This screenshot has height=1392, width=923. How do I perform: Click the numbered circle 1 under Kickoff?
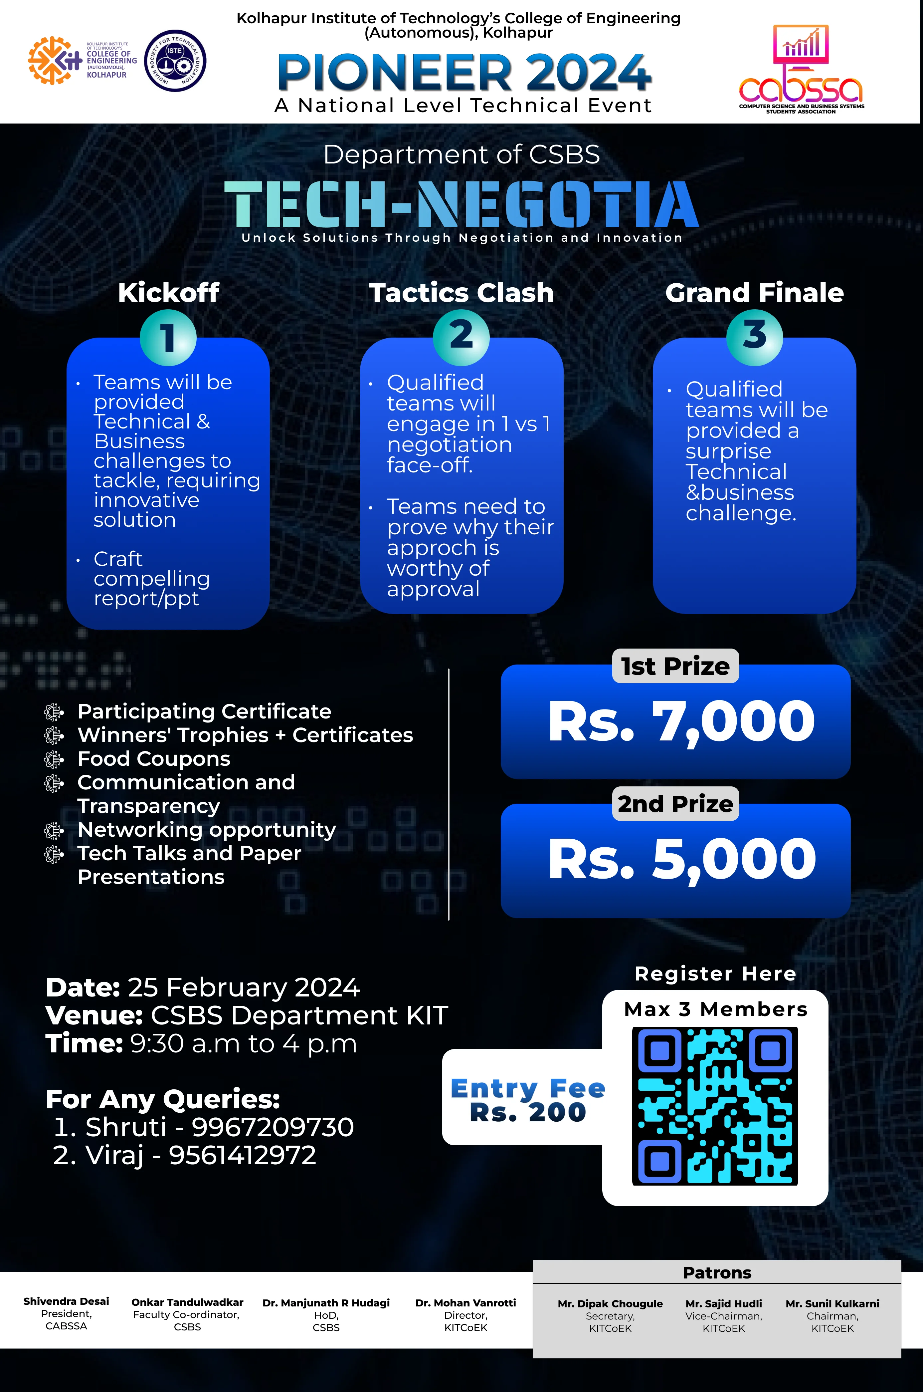[x=168, y=337]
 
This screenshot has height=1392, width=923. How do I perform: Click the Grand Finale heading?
[x=754, y=293]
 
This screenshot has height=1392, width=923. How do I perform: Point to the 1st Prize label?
[x=675, y=666]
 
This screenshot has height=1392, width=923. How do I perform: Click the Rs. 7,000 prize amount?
[x=681, y=721]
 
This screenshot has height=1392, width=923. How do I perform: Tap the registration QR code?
[x=715, y=1106]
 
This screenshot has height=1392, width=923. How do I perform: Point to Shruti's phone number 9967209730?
[x=273, y=1127]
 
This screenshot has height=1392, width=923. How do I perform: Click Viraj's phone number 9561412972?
[x=243, y=1155]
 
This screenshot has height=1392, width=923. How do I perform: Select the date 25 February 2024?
[x=243, y=987]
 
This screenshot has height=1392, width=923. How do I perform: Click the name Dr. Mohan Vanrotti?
[x=465, y=1303]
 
